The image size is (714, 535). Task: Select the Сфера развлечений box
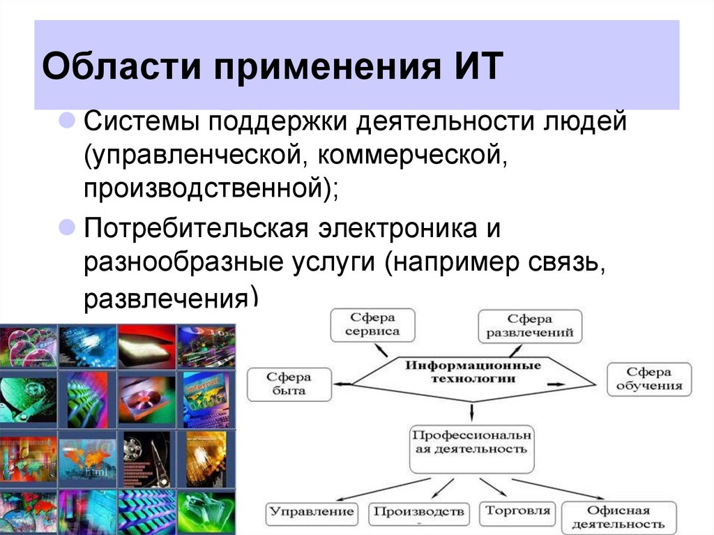[x=530, y=326]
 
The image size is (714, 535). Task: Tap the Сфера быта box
[x=289, y=384]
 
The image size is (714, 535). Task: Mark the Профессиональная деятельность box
[x=471, y=442]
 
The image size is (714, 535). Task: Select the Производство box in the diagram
[x=418, y=513]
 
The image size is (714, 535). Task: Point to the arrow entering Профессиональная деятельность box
[x=472, y=413]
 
